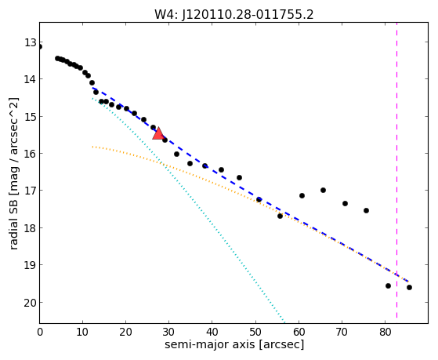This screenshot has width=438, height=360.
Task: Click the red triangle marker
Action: pos(158,133)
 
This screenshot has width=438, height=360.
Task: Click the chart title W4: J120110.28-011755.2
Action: pos(234,14)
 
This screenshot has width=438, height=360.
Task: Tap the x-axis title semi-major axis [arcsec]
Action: pos(234,344)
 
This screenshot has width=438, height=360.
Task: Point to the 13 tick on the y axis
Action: pos(31,43)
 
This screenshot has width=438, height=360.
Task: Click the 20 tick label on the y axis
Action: pos(31,303)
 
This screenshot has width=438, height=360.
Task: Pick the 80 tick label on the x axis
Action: pos(385,333)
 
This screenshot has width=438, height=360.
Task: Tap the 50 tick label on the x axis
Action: pos(255,333)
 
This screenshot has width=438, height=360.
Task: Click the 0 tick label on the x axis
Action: pos(40,333)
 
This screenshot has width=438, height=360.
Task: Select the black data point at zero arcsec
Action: pos(40,47)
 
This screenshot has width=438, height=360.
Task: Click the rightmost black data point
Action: pos(409,287)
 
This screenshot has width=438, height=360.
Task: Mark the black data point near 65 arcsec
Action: pos(323,191)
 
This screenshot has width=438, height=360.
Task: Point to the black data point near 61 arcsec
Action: pos(302,195)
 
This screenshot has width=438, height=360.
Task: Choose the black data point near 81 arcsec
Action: pos(388,285)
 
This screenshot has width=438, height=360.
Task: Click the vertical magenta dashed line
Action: pos(396,170)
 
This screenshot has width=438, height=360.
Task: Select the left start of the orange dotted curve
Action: pos(92,147)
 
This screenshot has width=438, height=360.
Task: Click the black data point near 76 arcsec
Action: pos(366,210)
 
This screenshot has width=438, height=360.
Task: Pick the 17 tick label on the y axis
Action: pos(31,191)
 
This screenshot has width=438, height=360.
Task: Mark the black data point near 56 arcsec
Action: pos(281,216)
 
